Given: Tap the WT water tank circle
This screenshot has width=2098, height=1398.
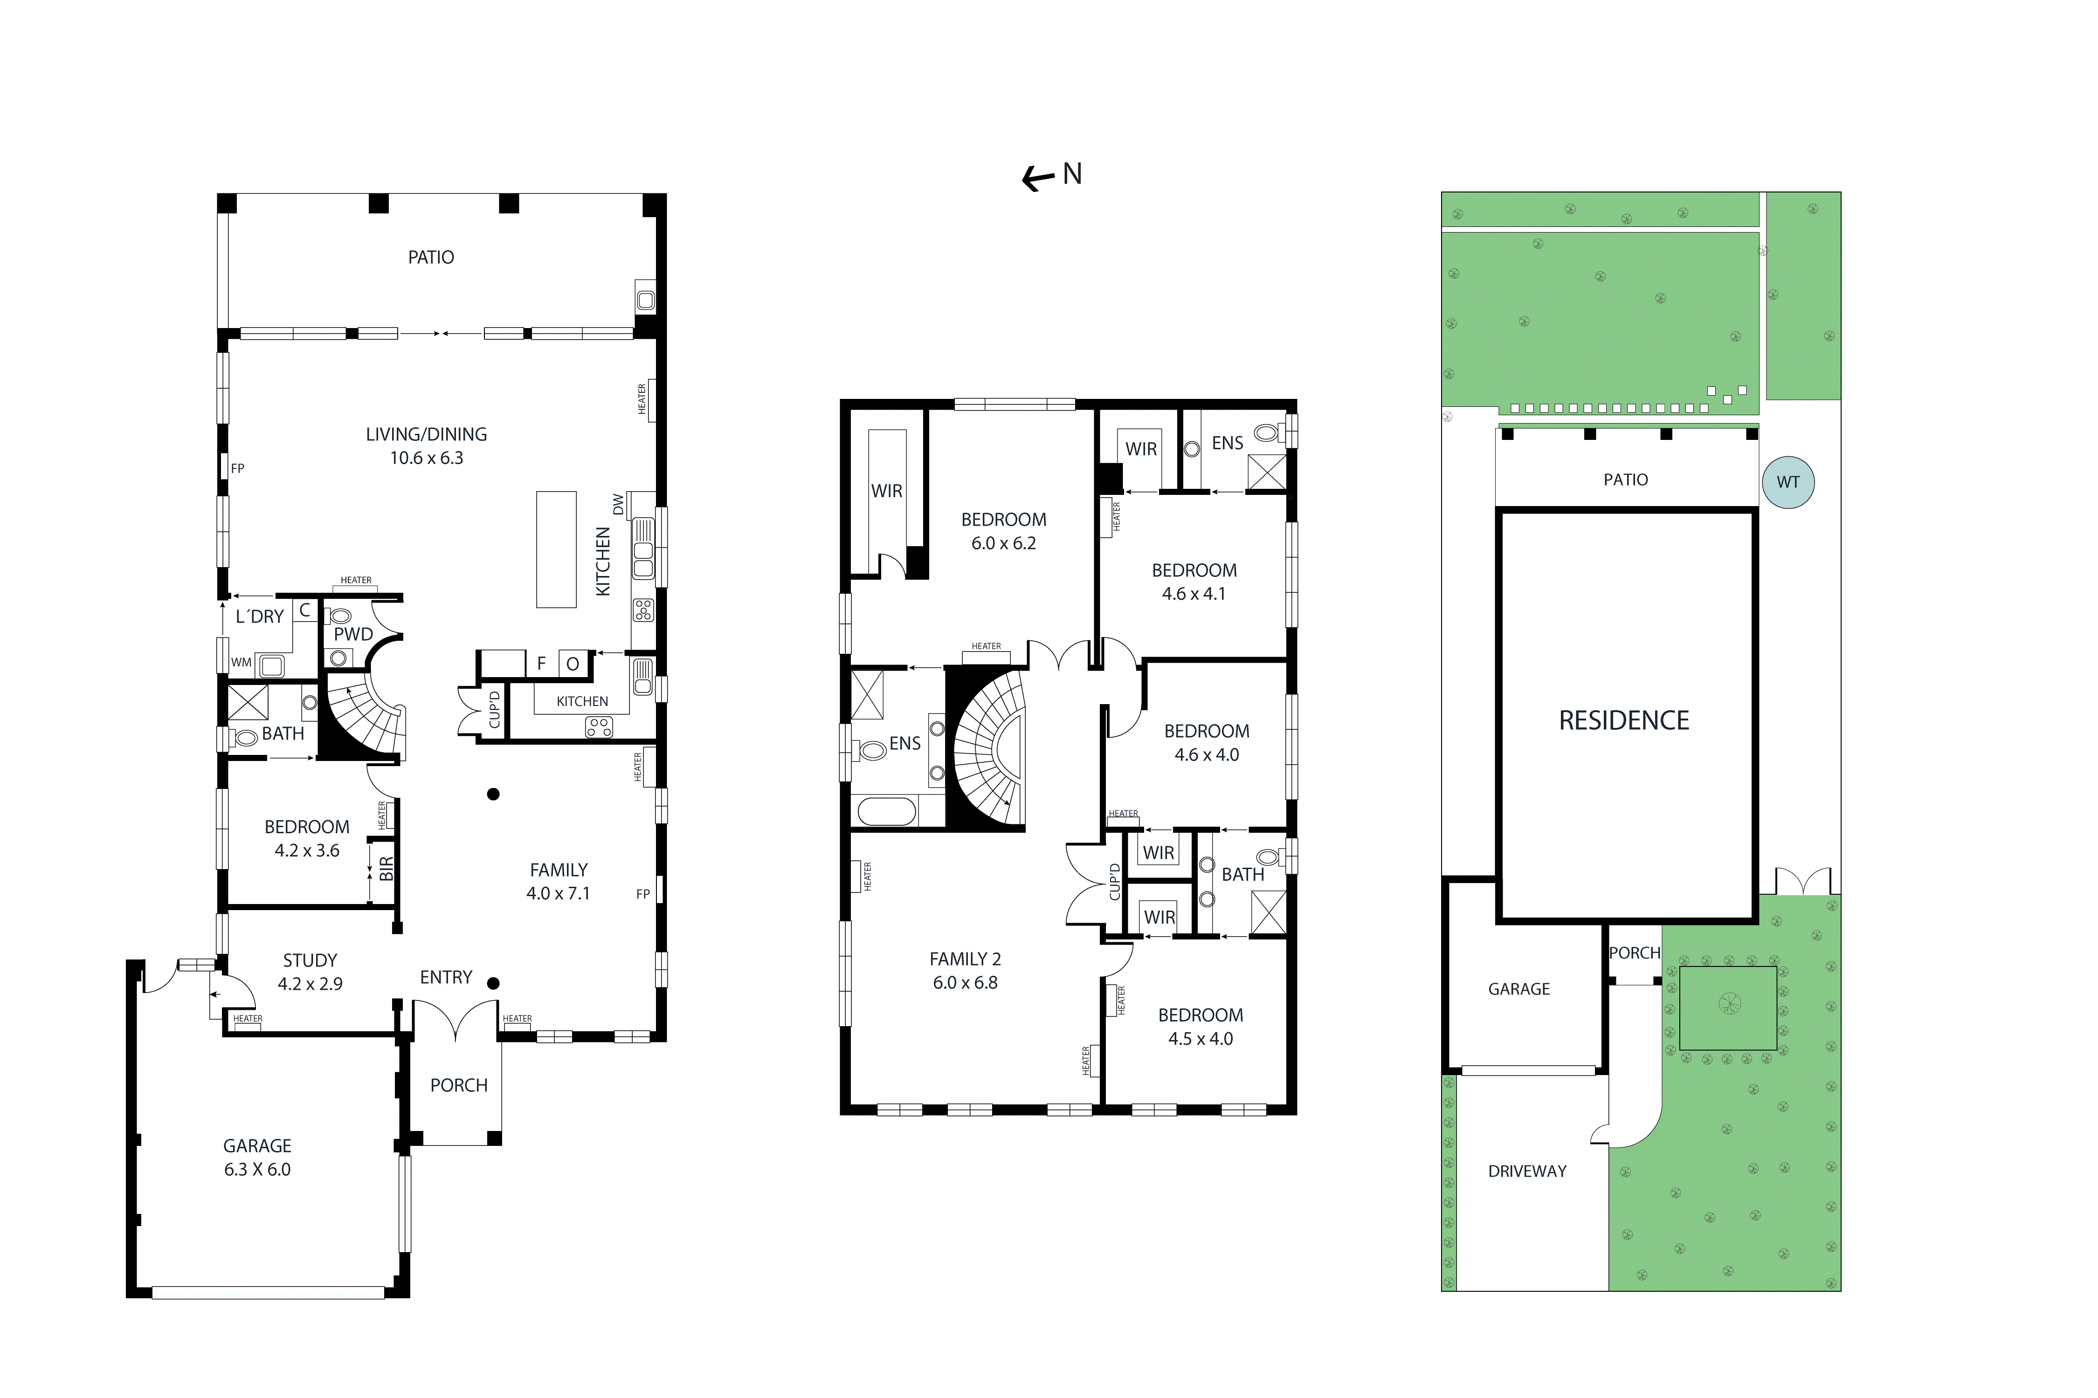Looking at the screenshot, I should [1787, 482].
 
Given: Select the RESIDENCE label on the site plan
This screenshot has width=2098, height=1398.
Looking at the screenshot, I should [1623, 720].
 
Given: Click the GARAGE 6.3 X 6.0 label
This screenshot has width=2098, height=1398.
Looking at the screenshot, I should [257, 1157].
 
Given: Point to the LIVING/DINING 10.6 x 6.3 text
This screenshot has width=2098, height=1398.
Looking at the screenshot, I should [427, 446].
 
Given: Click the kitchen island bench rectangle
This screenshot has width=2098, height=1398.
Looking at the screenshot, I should [556, 549].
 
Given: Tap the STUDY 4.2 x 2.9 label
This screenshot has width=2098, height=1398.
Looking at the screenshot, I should [310, 972].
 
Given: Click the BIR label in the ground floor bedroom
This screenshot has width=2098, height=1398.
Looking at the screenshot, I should [386, 869].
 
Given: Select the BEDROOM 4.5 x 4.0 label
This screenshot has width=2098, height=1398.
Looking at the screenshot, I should [1201, 1026].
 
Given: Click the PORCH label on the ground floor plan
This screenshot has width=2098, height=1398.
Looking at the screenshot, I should [458, 1085].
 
